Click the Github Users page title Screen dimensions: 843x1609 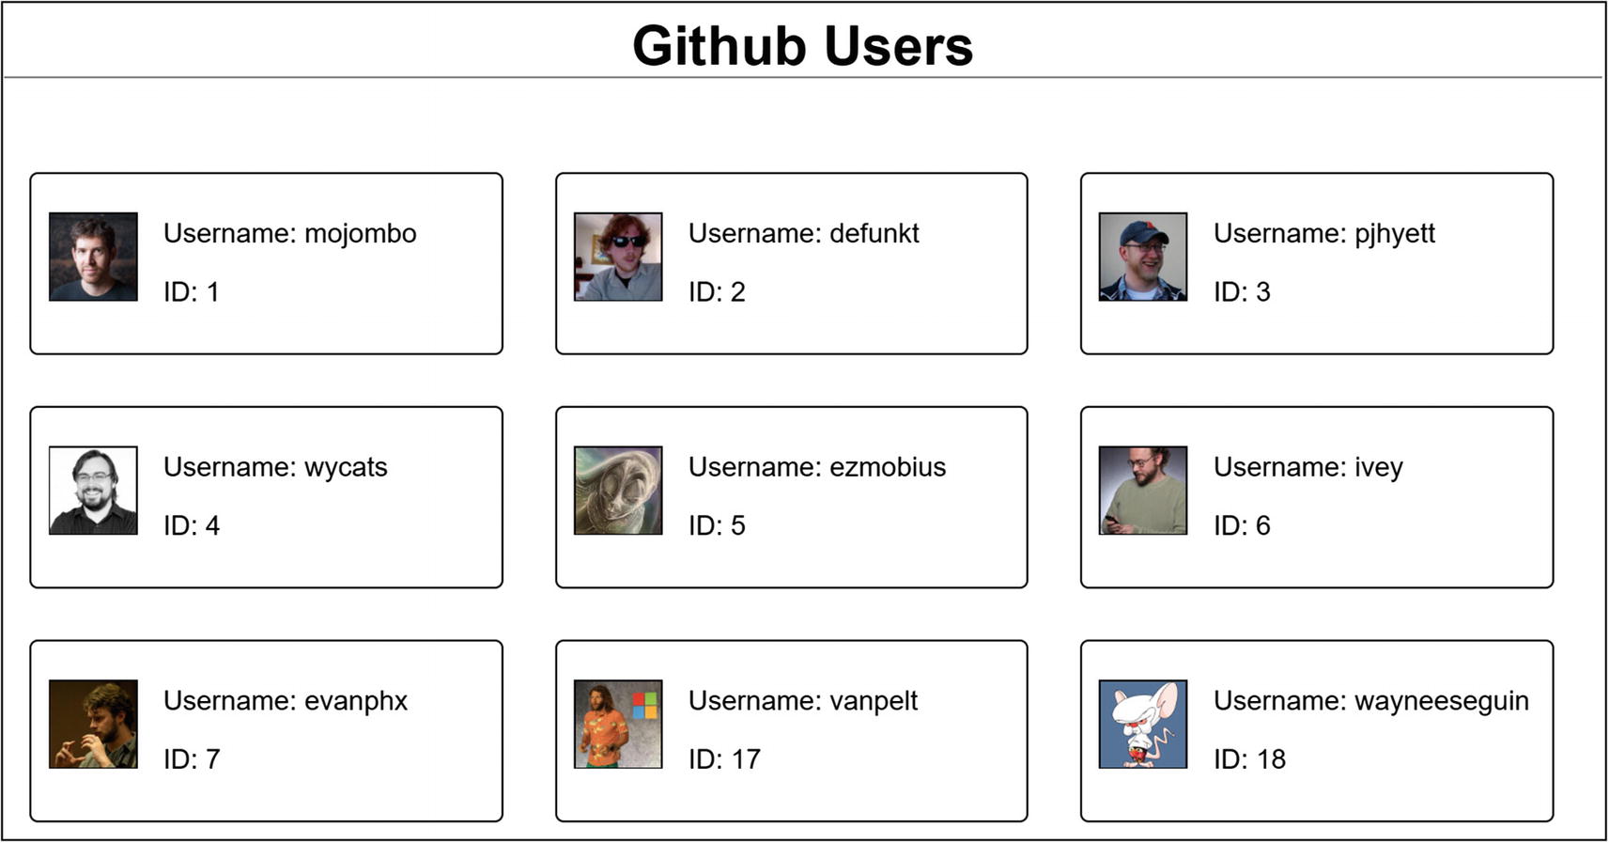802,46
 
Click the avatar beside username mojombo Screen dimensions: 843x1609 93,257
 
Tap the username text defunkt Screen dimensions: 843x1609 803,234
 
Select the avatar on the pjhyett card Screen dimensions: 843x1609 1142,257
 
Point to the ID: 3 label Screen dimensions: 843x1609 1241,292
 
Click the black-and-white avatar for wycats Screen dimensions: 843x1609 93,491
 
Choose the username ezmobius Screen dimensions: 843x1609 816,468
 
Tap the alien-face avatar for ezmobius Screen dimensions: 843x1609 618,491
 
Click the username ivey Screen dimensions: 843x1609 1307,468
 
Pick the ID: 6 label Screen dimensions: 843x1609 1241,526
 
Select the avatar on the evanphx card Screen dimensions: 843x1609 93,724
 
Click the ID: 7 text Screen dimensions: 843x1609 192,759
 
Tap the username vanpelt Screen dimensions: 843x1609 802,701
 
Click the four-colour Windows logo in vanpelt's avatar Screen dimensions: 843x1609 644,706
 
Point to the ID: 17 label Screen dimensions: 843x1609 723,759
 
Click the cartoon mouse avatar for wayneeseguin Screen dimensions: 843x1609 1142,724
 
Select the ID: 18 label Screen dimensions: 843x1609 1248,759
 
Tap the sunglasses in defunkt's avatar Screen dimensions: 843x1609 627,242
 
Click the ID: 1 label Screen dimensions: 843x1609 191,292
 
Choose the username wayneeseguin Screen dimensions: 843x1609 1370,701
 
